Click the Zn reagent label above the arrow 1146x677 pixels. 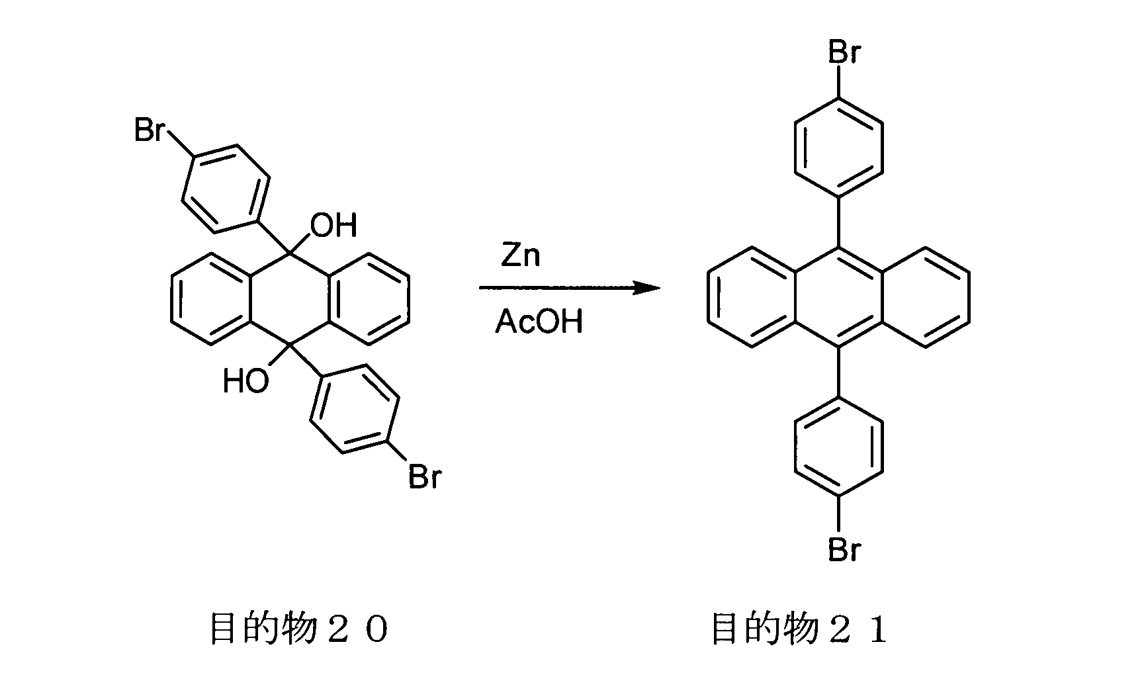click(x=520, y=255)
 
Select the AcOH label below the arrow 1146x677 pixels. click(x=539, y=322)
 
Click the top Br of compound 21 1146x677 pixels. click(x=844, y=52)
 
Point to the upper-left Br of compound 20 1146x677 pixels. click(x=150, y=130)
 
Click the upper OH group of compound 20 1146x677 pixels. click(x=334, y=226)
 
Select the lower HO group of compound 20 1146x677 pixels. click(x=246, y=382)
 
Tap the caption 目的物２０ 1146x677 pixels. click(x=298, y=629)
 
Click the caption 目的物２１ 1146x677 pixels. click(x=799, y=629)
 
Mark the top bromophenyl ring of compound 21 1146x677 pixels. click(x=839, y=147)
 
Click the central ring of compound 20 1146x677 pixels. click(x=290, y=298)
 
